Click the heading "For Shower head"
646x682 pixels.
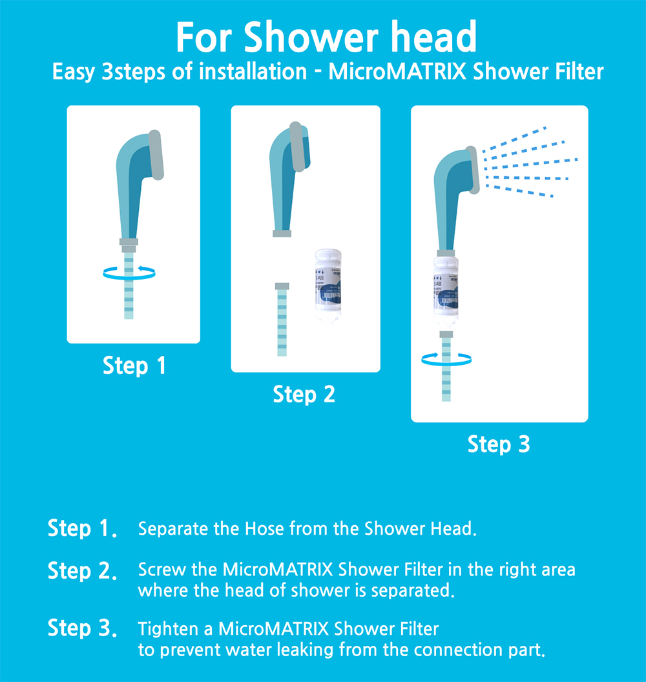tap(326, 38)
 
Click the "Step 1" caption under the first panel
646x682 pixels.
tap(134, 366)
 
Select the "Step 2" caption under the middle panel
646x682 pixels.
tap(304, 394)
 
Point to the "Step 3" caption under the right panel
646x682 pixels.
tap(499, 444)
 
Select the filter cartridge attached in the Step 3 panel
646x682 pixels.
tap(446, 292)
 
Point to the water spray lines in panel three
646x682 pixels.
tap(526, 161)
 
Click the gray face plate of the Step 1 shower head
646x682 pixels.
tap(156, 155)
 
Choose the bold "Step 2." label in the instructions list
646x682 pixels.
tap(83, 571)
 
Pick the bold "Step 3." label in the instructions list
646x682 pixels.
tap(83, 628)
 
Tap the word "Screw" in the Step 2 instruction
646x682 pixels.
tap(158, 570)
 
